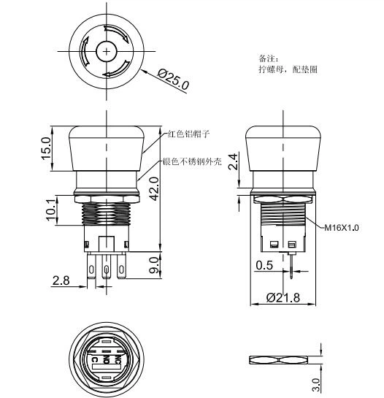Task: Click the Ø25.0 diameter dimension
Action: [x=173, y=78]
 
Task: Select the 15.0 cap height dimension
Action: [x=47, y=148]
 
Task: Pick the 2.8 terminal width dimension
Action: [x=61, y=280]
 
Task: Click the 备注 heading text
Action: [x=267, y=58]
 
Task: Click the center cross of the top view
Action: [x=107, y=52]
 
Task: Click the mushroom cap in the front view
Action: [x=107, y=150]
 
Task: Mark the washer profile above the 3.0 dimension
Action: [x=284, y=360]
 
